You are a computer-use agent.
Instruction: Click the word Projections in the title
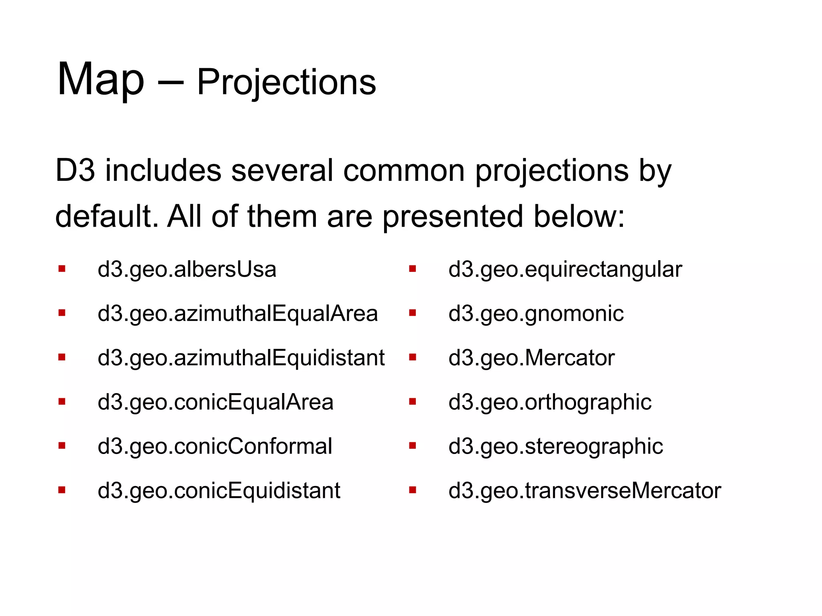point(286,83)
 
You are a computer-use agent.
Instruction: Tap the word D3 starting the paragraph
point(75,170)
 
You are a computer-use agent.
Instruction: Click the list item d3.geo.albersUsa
point(187,269)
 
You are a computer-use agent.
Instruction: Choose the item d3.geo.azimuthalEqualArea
point(238,314)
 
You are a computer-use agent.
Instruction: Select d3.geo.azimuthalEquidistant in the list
point(241,358)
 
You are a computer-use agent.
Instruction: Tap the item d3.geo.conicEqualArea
point(216,402)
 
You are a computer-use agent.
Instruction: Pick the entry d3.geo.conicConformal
point(215,446)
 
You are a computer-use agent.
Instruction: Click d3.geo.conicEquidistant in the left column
point(219,490)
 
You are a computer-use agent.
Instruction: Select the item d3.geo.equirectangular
point(565,269)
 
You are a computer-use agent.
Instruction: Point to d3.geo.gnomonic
point(536,314)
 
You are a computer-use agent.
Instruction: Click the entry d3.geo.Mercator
point(531,358)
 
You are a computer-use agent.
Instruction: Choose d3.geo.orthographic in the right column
point(549,402)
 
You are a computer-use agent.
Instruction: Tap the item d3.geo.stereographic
point(555,446)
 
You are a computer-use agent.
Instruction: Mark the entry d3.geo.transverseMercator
point(584,490)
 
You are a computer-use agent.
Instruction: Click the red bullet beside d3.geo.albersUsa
point(62,269)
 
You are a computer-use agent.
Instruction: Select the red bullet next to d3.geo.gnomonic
point(412,313)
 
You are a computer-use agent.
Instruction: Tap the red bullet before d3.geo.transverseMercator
point(412,490)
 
